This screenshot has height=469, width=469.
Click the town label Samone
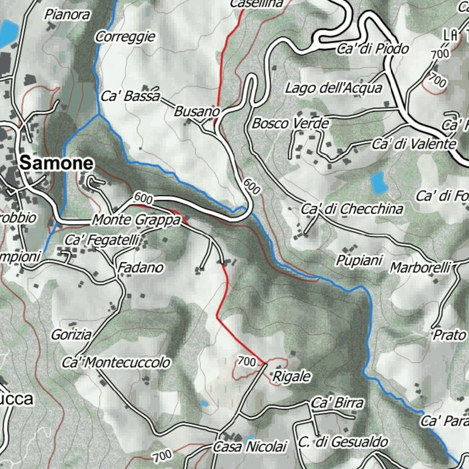click(x=57, y=163)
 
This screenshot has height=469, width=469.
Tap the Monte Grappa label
click(x=137, y=220)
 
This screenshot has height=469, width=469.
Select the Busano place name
click(x=197, y=112)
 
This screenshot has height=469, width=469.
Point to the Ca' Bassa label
click(x=130, y=96)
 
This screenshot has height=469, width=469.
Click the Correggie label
click(x=125, y=37)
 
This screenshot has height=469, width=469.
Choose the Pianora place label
click(x=67, y=15)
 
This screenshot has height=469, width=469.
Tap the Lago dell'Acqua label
click(x=333, y=88)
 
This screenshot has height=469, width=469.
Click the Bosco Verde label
click(x=291, y=123)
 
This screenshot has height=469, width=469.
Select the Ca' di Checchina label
click(x=352, y=209)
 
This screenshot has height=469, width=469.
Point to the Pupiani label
click(x=358, y=261)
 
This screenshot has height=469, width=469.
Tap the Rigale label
click(x=292, y=376)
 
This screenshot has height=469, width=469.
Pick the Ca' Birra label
click(x=337, y=403)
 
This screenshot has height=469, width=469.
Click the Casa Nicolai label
click(x=250, y=447)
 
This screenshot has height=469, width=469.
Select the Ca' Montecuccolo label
click(x=116, y=363)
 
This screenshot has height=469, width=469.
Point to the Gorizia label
click(x=71, y=335)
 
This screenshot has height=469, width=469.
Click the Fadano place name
click(x=140, y=268)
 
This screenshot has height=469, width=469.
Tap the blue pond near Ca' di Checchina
click(x=379, y=182)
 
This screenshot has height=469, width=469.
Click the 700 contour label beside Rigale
click(x=246, y=362)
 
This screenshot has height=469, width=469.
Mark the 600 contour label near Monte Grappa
click(x=142, y=198)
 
